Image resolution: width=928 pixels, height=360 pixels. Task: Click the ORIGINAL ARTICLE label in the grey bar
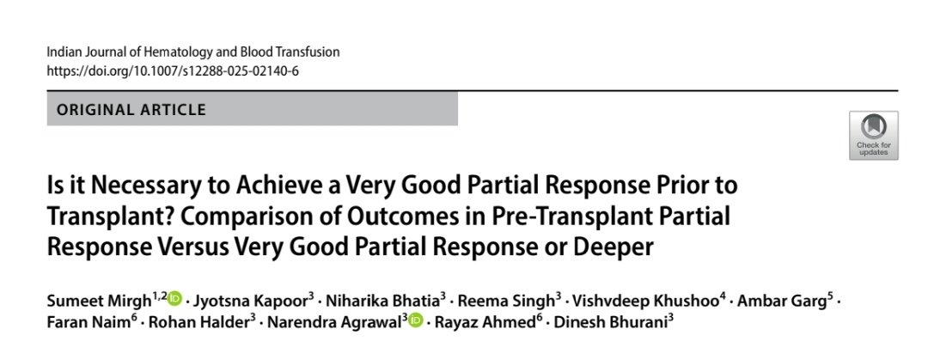131,110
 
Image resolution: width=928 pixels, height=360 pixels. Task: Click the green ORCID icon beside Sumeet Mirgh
175,299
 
